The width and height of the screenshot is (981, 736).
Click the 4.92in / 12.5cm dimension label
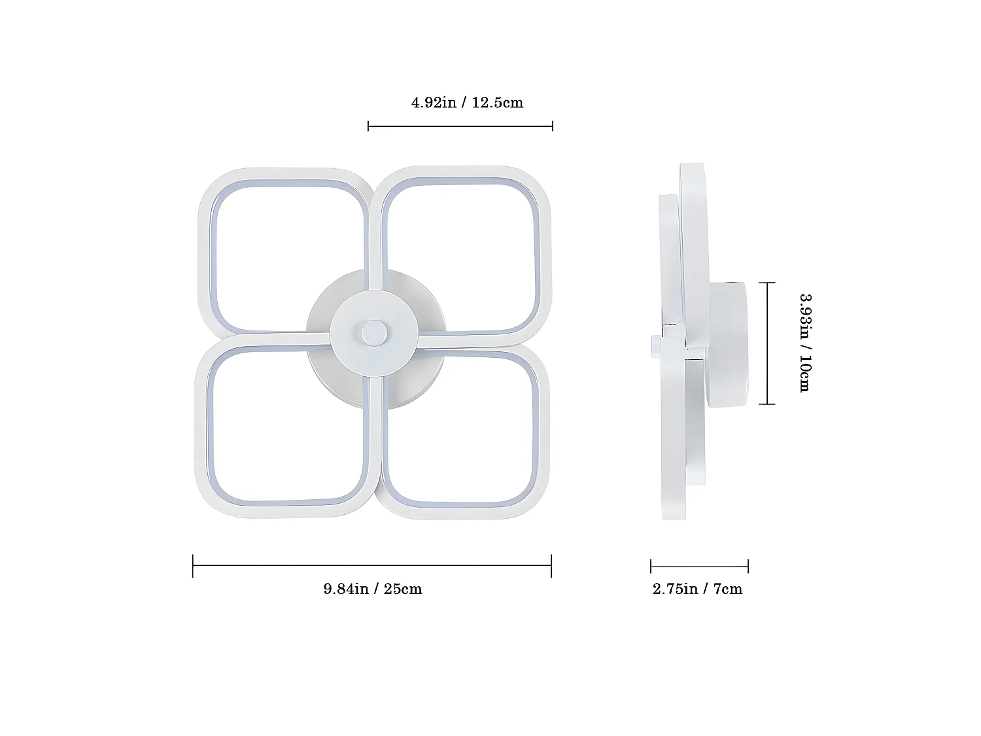pos(467,103)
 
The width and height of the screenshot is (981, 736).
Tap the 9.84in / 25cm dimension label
pos(373,589)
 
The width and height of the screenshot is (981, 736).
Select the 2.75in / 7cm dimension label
pos(697,589)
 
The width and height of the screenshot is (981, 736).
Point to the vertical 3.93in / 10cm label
pos(805,342)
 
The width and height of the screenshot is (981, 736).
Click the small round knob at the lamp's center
pos(374,332)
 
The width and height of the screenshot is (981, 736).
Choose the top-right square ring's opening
pos(462,255)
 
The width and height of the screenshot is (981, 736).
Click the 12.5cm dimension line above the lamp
pos(460,126)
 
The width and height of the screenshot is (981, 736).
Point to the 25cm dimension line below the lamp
pos(373,566)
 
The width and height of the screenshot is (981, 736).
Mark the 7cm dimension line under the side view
pos(699,567)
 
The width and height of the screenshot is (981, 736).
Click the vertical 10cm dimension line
pos(767,343)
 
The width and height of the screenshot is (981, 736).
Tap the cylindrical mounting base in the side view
pos(726,343)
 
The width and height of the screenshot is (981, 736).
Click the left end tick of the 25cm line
pos(194,566)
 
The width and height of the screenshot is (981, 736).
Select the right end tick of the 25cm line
pos(551,566)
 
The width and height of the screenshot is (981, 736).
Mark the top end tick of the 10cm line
pos(767,283)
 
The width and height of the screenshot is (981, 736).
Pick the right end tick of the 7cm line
pos(748,567)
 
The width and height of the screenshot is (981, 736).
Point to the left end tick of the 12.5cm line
pos(369,126)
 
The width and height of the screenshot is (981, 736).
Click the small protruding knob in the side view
pos(655,343)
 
